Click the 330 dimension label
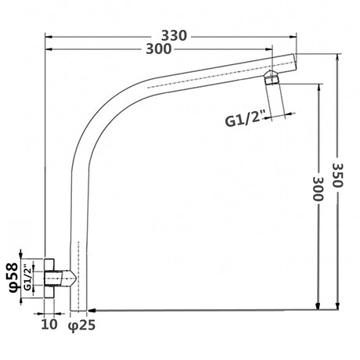[x=174, y=36]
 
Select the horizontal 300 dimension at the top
[x=159, y=49]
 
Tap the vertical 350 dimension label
[x=337, y=175]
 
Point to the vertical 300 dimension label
[x=318, y=189]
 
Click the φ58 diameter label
[x=13, y=278]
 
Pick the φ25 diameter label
[x=81, y=325]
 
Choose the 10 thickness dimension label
[x=49, y=324]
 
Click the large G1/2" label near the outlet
[x=245, y=120]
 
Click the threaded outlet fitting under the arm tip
[x=272, y=77]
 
